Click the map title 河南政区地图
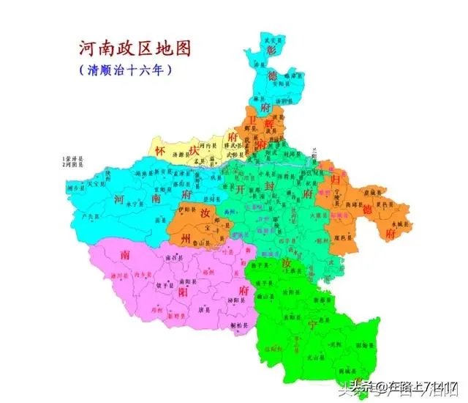coord(135,48)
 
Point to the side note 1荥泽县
coord(74,158)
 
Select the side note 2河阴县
coord(74,166)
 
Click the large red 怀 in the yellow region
coord(161,149)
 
